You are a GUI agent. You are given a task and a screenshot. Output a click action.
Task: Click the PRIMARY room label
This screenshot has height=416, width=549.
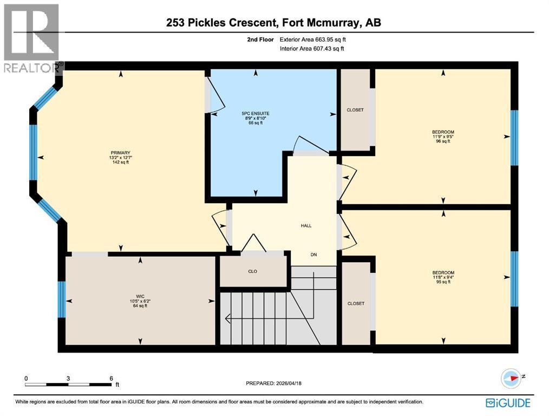tap(120, 153)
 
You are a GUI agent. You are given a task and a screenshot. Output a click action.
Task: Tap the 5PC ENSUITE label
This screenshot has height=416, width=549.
tap(256, 113)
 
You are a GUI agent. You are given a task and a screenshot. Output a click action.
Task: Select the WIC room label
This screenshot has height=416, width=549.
tap(140, 296)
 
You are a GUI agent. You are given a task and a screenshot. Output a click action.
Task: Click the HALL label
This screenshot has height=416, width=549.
tap(306, 226)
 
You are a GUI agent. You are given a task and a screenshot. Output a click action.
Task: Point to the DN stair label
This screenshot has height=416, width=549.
tap(313, 255)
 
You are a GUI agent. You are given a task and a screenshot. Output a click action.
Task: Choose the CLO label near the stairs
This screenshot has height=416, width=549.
tap(252, 271)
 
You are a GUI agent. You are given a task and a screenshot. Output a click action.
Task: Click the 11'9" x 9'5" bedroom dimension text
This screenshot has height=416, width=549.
tap(443, 136)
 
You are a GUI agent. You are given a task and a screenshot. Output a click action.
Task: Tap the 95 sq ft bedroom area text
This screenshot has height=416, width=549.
tap(443, 282)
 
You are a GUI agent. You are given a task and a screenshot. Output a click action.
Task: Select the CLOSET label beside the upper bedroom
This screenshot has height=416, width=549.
tap(355, 110)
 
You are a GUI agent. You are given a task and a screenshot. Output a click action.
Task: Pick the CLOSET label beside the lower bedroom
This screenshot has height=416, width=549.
tap(356, 303)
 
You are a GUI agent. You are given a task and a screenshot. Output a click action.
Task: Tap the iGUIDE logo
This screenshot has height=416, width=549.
tap(508, 403)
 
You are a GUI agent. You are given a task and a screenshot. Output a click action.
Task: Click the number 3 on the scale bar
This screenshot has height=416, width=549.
tap(68, 379)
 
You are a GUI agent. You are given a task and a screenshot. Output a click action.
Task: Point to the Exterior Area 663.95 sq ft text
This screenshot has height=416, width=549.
tap(312, 40)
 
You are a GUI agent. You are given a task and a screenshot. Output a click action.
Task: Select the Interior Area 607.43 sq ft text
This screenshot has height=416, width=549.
tap(312, 49)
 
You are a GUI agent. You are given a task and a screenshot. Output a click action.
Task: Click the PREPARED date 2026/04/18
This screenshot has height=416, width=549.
tap(287, 383)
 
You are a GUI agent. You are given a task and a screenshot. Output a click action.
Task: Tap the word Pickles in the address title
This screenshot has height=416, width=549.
tap(207, 23)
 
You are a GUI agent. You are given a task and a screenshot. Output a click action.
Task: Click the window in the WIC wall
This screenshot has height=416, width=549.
tap(62, 300)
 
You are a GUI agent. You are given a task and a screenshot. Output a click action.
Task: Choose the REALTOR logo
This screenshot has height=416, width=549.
tap(32, 38)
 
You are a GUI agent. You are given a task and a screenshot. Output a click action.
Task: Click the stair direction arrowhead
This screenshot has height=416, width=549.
tap(228, 318)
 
